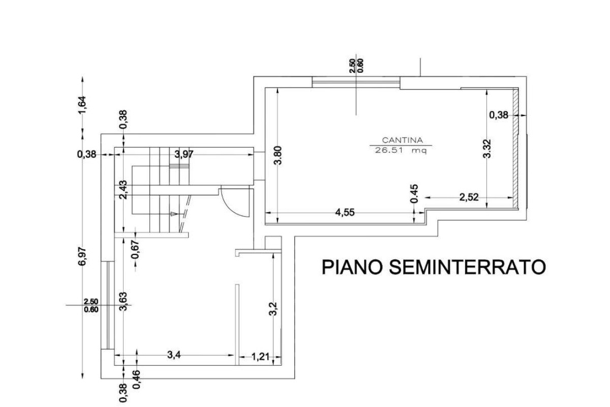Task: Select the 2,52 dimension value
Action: (469, 198)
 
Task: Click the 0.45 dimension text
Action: (415, 193)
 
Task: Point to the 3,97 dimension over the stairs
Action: (184, 154)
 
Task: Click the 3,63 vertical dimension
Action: (124, 300)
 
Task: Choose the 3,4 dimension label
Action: (174, 356)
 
